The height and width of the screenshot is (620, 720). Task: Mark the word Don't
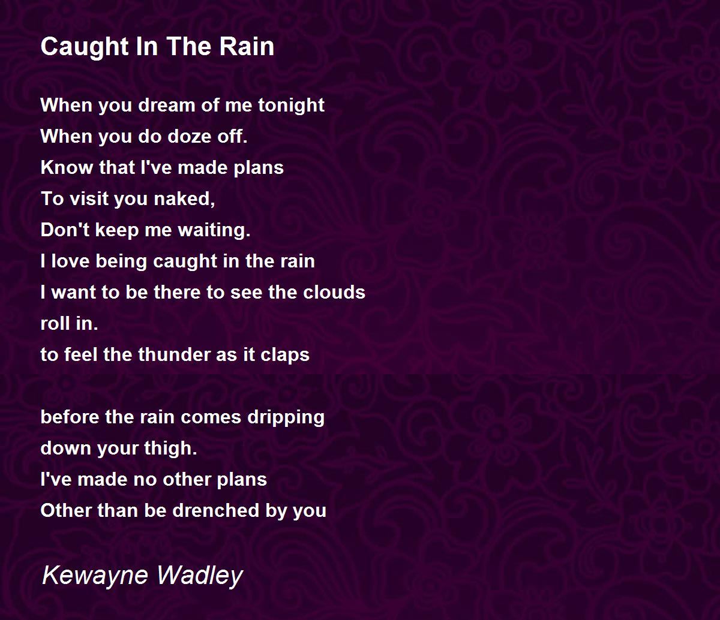65,230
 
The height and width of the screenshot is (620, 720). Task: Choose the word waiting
214,230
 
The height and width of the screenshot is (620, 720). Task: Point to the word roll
55,323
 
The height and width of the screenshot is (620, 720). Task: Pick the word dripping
286,418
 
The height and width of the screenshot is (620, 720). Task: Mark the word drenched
216,511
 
